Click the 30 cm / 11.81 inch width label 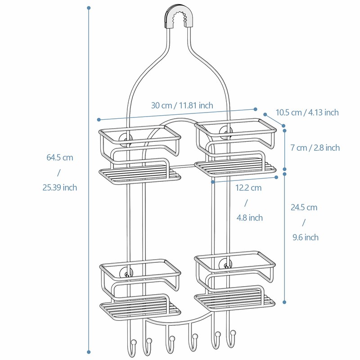[182, 105]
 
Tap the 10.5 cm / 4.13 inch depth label [307, 112]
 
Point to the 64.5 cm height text [59, 157]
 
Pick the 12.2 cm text [249, 188]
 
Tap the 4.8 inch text [249, 218]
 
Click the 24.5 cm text [304, 207]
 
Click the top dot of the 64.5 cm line [89, 8]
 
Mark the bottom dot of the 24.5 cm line [284, 302]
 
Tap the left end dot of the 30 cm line [99, 119]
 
